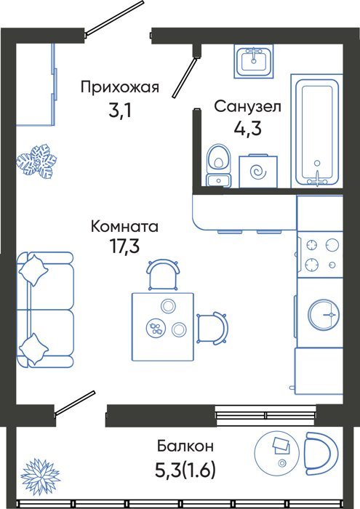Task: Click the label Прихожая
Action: pyautogui.click(x=120, y=88)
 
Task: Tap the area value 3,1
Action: pyautogui.click(x=120, y=112)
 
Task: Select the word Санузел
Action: pyautogui.click(x=247, y=106)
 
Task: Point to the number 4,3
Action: pyautogui.click(x=247, y=129)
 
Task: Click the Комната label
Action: pyautogui.click(x=124, y=226)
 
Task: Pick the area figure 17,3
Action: pyautogui.click(x=124, y=247)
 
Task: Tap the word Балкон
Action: pyautogui.click(x=185, y=446)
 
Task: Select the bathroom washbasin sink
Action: pyautogui.click(x=254, y=61)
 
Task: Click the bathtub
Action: pyautogui.click(x=317, y=131)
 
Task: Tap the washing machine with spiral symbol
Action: pyautogui.click(x=258, y=171)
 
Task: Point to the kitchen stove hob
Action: pyautogui.click(x=320, y=254)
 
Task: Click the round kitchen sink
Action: pyautogui.click(x=324, y=315)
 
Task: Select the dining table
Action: pyautogui.click(x=163, y=326)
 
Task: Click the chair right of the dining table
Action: pyautogui.click(x=212, y=327)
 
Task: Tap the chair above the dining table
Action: pyautogui.click(x=163, y=274)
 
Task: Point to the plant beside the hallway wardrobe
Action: pyautogui.click(x=36, y=161)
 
